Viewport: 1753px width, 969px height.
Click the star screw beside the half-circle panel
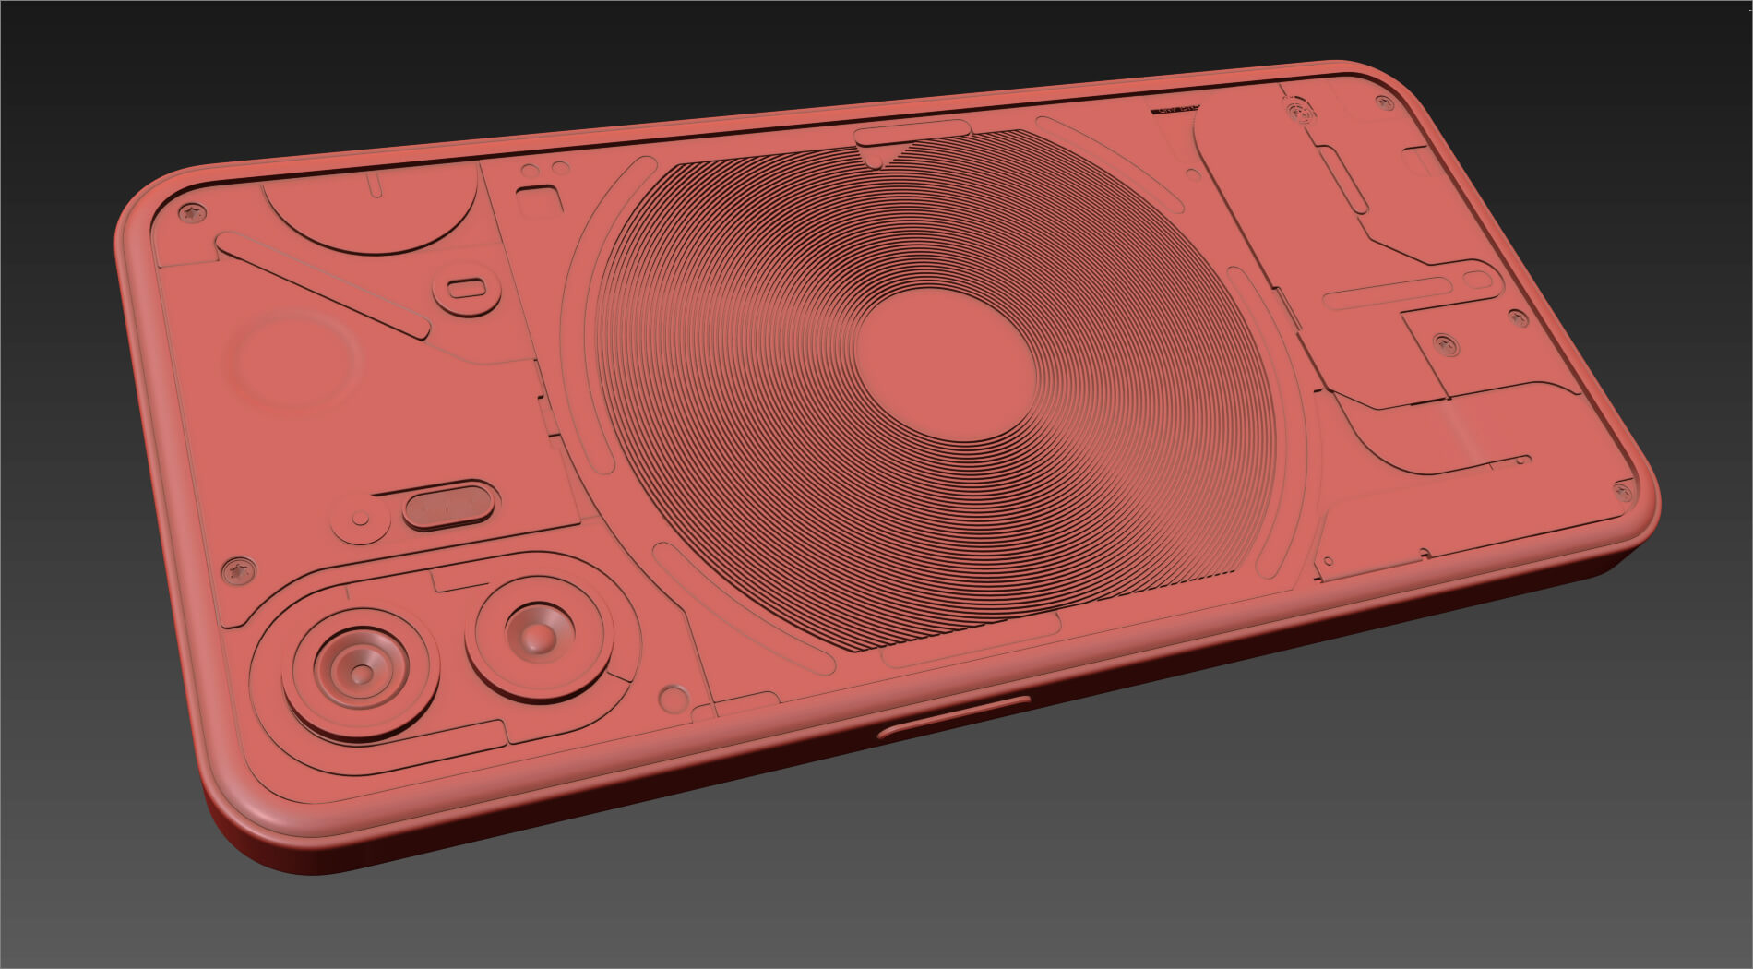click(x=192, y=213)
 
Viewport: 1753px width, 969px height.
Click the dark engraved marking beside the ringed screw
click(x=1174, y=109)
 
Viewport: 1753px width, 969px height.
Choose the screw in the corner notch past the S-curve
click(x=1621, y=490)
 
